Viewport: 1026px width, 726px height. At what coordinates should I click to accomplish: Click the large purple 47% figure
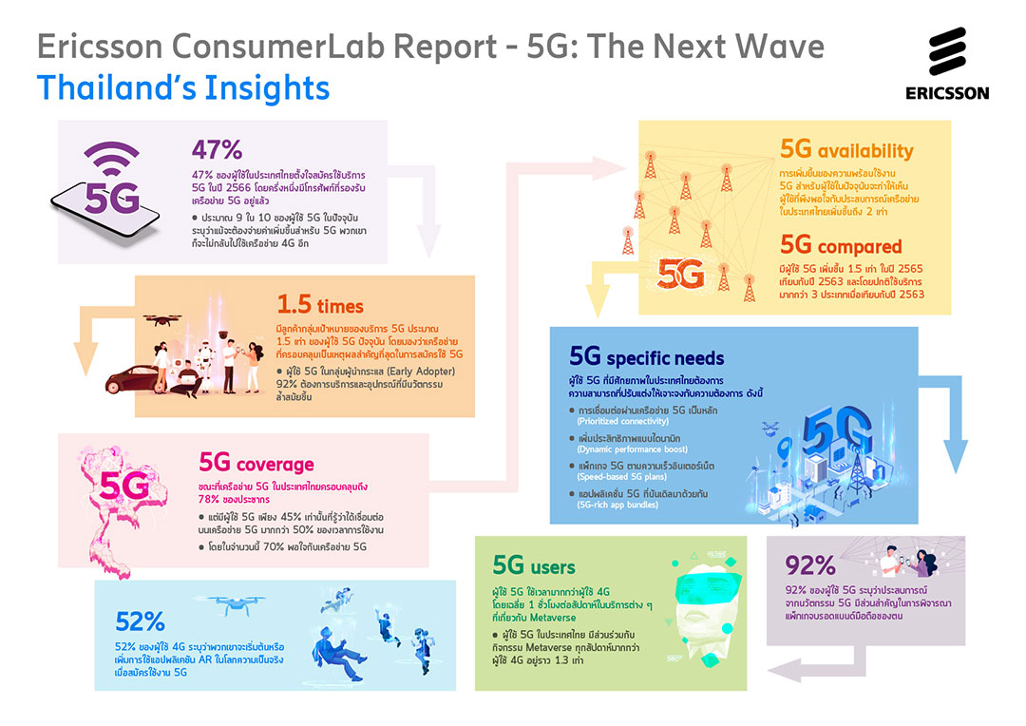pos(218,149)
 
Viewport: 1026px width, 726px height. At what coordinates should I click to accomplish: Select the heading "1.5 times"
pos(320,305)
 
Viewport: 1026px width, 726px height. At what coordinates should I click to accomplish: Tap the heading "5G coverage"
pos(256,464)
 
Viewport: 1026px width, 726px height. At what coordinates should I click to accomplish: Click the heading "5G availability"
pos(845,150)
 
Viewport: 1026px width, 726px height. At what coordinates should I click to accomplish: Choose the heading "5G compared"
pos(841,247)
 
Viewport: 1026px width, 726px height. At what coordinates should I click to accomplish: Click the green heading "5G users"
pos(533,567)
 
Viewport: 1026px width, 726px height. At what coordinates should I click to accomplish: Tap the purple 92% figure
pos(810,564)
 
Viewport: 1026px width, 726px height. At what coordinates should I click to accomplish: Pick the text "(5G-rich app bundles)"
pos(621,508)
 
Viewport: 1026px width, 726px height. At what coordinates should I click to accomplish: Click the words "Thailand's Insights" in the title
pos(183,88)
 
